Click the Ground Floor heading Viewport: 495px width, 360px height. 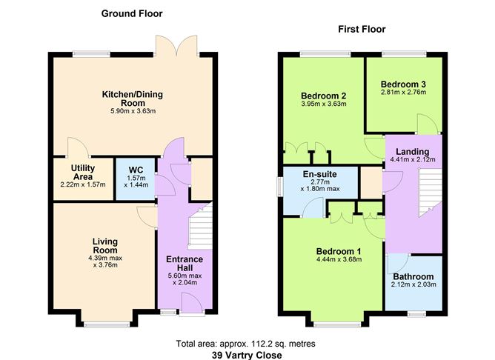pyautogui.click(x=132, y=13)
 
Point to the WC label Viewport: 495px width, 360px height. pyautogui.click(x=135, y=169)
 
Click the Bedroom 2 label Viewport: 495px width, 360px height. pyautogui.click(x=324, y=96)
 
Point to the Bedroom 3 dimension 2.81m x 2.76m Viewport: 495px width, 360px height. pyautogui.click(x=402, y=94)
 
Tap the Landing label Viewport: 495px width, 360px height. pyautogui.click(x=413, y=153)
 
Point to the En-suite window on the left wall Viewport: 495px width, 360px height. pyautogui.click(x=279, y=184)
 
